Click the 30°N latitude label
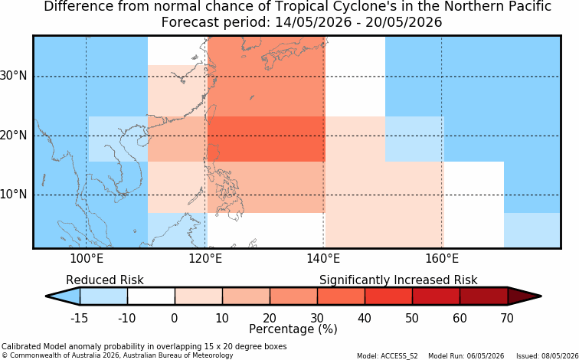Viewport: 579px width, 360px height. [14, 76]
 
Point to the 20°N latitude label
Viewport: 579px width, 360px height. [14, 136]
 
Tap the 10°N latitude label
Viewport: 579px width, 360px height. [14, 195]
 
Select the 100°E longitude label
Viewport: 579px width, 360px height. [87, 259]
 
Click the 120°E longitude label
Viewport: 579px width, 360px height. [205, 259]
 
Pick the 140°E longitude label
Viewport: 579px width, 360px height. [323, 259]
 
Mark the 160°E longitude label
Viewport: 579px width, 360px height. [442, 259]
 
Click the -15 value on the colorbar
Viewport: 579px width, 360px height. [79, 318]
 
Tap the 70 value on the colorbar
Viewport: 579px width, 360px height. [507, 318]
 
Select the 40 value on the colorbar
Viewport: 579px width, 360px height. [365, 318]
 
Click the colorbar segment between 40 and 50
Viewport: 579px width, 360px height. [388, 296]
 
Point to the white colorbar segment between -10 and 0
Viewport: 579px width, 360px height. [151, 296]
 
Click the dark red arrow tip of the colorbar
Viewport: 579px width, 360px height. [541, 296]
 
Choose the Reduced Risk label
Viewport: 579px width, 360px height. [105, 280]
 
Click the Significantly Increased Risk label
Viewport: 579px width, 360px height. [398, 280]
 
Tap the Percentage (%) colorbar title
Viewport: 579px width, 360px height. [293, 329]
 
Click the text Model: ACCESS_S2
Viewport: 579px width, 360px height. [388, 356]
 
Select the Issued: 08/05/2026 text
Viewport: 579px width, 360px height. [548, 356]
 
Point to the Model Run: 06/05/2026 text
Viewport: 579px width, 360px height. [466, 356]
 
